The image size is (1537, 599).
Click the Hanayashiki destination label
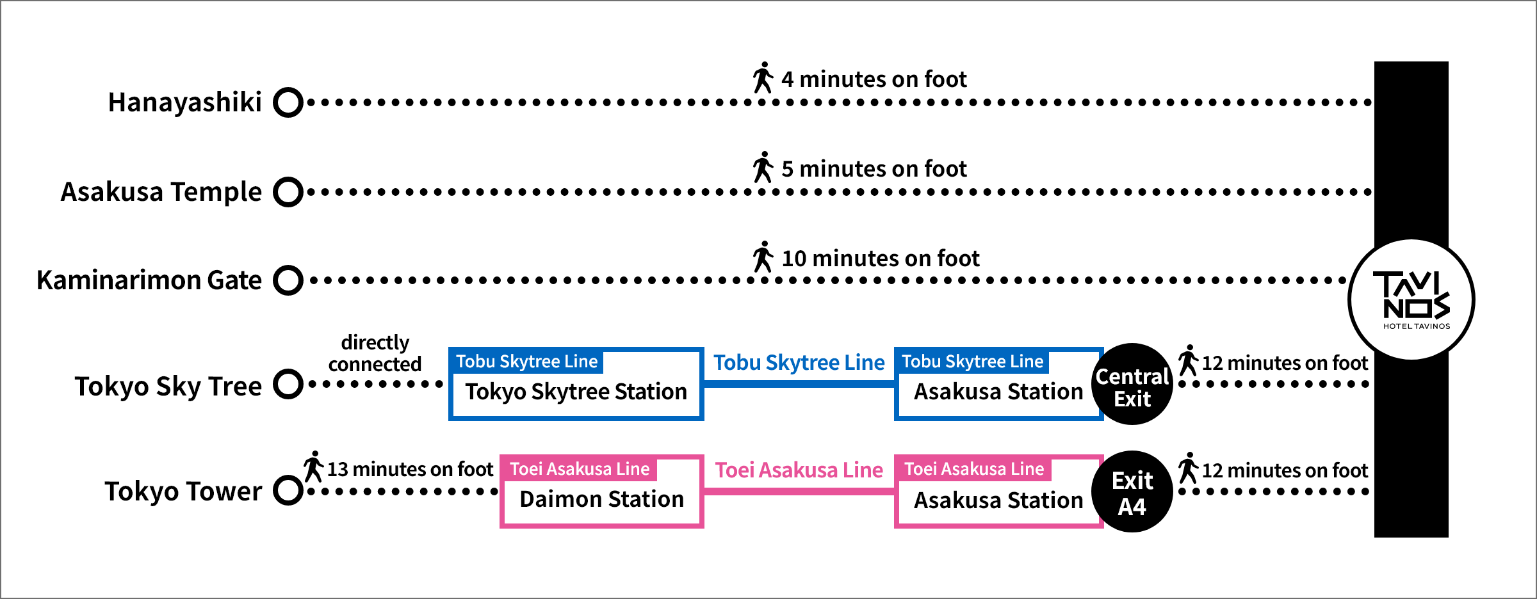click(184, 102)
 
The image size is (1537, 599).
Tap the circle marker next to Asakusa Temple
click(288, 192)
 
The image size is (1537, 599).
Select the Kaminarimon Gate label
click(149, 280)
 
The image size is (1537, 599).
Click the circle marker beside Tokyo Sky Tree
click(288, 384)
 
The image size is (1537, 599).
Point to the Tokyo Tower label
click(183, 491)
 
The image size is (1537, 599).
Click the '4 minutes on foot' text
click(874, 79)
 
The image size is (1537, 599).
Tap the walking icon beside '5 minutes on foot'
click(763, 168)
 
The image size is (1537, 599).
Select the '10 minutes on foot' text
click(880, 259)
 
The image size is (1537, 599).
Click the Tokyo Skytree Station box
click(576, 385)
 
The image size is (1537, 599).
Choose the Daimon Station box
click(601, 492)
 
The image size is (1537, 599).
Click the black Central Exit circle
click(1132, 384)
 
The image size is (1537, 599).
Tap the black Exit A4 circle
click(1132, 491)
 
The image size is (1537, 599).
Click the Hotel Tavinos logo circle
click(1411, 299)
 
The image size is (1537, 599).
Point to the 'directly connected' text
click(375, 353)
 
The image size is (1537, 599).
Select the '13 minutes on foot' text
click(410, 469)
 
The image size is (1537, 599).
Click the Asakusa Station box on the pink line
click(998, 492)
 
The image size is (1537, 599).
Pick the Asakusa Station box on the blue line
click(998, 385)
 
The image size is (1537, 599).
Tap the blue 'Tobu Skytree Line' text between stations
click(799, 363)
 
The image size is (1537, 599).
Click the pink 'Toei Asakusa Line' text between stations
click(799, 470)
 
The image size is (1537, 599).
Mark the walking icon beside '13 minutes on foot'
click(313, 467)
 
